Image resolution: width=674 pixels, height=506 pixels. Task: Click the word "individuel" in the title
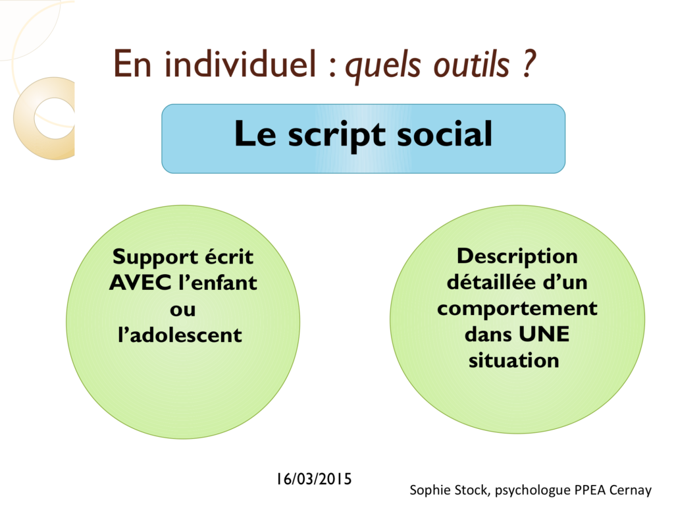click(240, 64)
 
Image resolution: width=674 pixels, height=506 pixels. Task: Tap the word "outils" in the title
click(471, 65)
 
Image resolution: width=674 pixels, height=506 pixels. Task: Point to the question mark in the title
click(529, 64)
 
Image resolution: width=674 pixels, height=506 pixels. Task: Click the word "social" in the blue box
click(444, 134)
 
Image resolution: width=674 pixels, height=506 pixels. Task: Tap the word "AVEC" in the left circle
click(140, 283)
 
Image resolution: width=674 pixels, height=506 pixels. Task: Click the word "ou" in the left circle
click(183, 310)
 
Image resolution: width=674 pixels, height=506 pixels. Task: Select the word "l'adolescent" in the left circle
click(180, 335)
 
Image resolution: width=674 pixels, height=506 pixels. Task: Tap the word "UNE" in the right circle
click(544, 334)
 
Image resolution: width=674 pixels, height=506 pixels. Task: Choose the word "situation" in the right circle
click(513, 360)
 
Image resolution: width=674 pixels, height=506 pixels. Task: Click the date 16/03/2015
click(314, 479)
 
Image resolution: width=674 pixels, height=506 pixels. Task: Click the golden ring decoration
click(24, 119)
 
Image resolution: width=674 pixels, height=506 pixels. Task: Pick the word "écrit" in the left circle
click(228, 257)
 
